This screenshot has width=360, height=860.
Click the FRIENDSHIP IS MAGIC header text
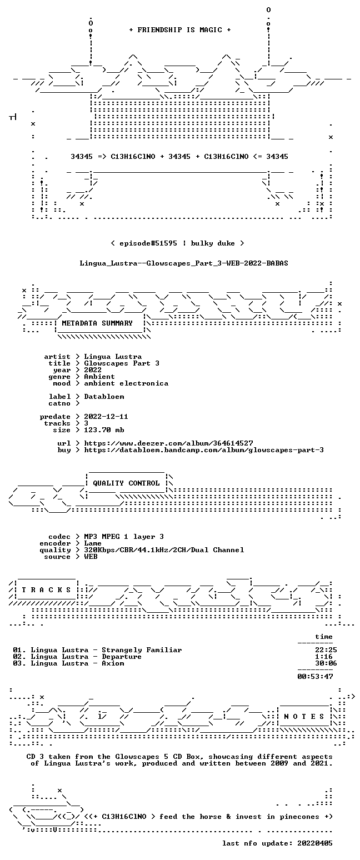click(x=180, y=30)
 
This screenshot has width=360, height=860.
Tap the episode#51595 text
click(x=148, y=243)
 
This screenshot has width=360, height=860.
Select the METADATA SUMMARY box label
click(x=97, y=323)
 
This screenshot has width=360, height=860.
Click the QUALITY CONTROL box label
click(x=126, y=483)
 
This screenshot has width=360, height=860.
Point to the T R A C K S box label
click(x=47, y=589)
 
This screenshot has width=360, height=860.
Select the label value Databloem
click(x=104, y=397)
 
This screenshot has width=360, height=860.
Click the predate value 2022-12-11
click(x=106, y=417)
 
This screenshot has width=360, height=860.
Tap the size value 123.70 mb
click(x=104, y=430)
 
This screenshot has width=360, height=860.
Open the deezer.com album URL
click(x=168, y=443)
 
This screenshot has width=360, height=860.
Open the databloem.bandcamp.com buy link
click(x=204, y=450)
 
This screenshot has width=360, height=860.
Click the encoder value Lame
click(x=93, y=543)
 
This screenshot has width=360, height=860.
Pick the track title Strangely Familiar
click(x=142, y=650)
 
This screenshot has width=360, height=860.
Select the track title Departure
click(x=122, y=657)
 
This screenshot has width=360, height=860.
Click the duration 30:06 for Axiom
click(x=324, y=663)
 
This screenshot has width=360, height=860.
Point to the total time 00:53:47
click(x=315, y=677)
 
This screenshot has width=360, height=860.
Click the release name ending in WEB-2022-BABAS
click(x=184, y=263)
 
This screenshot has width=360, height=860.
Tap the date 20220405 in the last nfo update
click(x=315, y=843)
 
